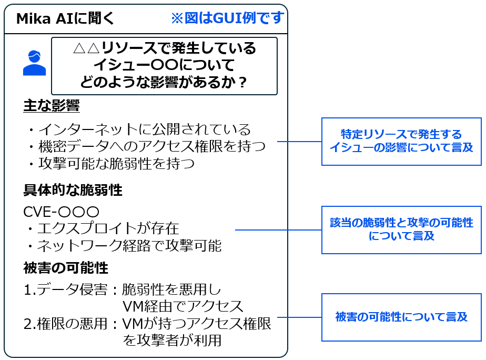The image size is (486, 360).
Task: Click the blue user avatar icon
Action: click(x=34, y=63)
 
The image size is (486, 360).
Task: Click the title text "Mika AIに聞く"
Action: click(x=65, y=18)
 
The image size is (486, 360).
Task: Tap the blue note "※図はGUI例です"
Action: click(x=227, y=18)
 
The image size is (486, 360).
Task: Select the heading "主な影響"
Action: click(x=52, y=106)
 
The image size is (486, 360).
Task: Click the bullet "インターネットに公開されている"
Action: click(x=139, y=129)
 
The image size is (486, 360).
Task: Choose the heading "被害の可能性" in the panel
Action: click(x=66, y=268)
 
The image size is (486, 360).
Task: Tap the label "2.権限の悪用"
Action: click(x=69, y=324)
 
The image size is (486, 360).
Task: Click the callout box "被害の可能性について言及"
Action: click(x=401, y=317)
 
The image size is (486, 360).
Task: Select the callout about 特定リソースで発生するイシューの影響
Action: click(x=401, y=141)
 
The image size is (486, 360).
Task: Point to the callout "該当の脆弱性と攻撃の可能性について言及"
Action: click(x=401, y=229)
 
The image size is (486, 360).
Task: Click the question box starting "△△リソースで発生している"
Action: click(x=164, y=66)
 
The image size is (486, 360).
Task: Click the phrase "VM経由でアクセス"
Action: click(x=183, y=306)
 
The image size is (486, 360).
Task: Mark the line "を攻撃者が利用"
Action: click(x=172, y=341)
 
